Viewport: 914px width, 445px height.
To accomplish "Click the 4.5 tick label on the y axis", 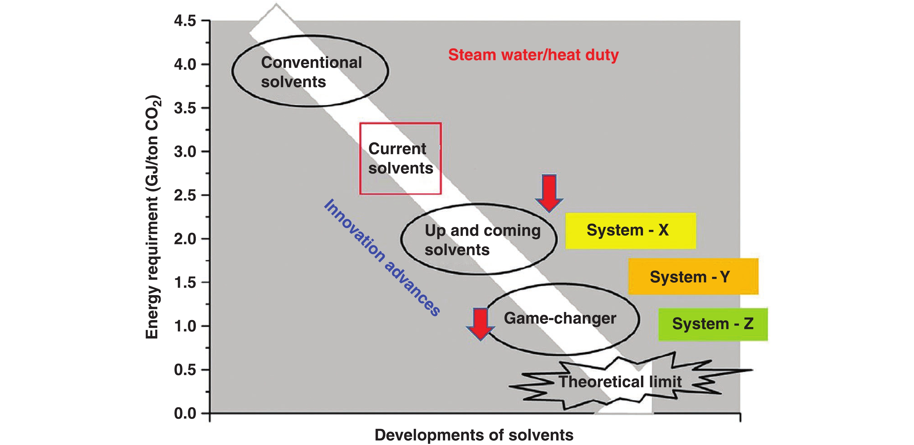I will [185, 21].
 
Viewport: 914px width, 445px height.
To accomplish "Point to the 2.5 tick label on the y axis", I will [185, 195].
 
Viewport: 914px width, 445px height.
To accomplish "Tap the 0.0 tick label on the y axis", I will [185, 413].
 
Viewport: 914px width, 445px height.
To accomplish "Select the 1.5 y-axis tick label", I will [185, 283].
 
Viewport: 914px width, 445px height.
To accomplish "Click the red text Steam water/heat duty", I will [533, 55].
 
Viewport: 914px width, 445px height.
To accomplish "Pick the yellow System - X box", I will [630, 231].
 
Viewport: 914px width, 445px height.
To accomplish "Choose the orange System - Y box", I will [693, 277].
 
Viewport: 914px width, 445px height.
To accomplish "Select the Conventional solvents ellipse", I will [310, 71].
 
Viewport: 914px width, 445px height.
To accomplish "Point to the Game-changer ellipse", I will [562, 319].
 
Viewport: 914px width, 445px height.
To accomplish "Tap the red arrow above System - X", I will [549, 193].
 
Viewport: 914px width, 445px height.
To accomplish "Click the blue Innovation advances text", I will [382, 257].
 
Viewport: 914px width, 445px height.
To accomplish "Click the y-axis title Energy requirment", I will [153, 217].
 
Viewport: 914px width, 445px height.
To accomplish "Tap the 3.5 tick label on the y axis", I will [185, 108].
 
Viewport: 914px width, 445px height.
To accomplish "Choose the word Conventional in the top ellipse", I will [311, 62].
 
